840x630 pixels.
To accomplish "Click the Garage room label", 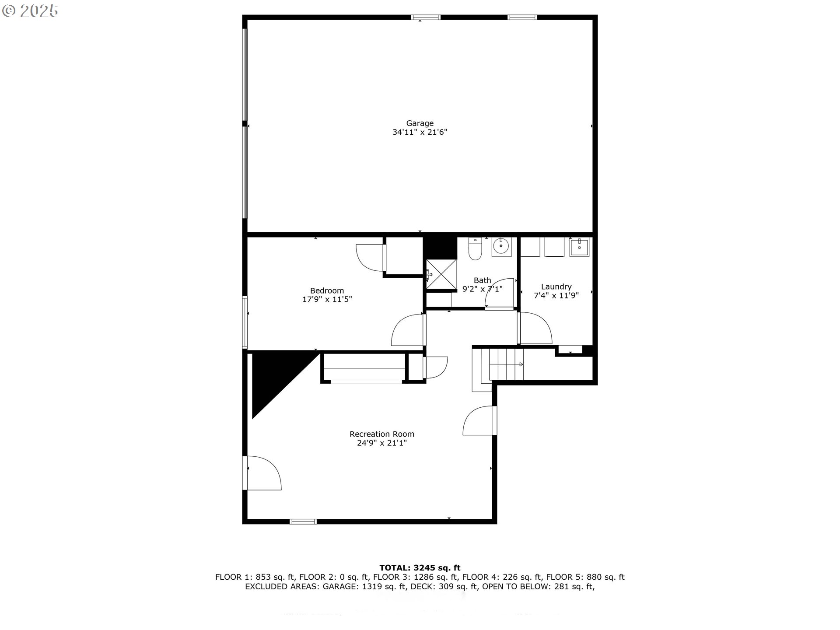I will (x=420, y=123).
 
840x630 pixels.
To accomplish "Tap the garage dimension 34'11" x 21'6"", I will (x=420, y=132).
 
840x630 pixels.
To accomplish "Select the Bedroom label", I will (x=327, y=290).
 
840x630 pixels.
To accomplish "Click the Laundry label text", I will (x=556, y=287).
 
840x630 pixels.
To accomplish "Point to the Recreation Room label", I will (x=381, y=434).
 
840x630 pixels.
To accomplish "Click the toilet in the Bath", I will (x=475, y=249).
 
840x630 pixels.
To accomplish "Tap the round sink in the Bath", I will (x=500, y=247).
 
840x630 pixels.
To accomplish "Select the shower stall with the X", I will (x=441, y=274).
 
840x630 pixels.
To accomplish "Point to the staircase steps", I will (x=506, y=364).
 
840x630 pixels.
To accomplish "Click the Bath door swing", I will (x=499, y=294).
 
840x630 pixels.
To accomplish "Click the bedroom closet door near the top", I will (x=370, y=258).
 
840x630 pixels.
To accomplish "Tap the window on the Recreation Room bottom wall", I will (x=303, y=521).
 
